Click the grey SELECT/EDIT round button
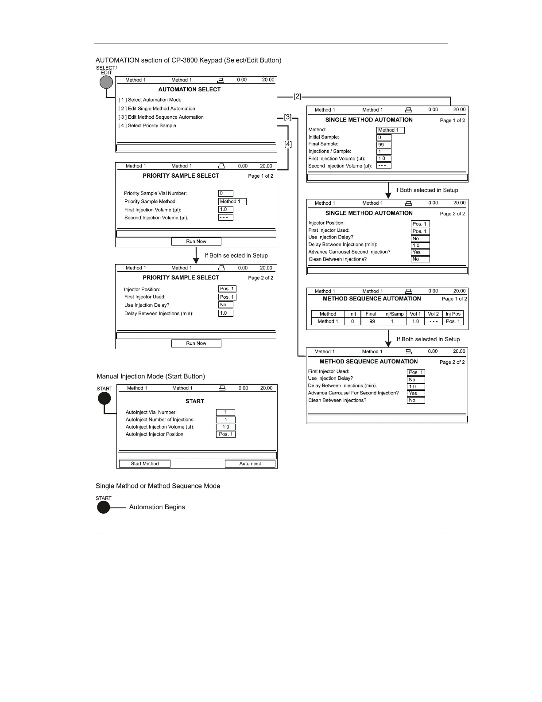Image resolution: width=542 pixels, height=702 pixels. click(x=106, y=82)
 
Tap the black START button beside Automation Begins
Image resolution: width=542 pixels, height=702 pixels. click(x=104, y=507)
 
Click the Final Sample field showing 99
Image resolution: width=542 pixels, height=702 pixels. click(x=383, y=144)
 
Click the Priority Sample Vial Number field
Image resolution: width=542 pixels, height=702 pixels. click(x=225, y=193)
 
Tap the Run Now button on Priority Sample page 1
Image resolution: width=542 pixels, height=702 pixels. click(x=196, y=242)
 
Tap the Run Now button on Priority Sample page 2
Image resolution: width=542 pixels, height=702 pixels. click(x=196, y=343)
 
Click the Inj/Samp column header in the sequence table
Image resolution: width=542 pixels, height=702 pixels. click(x=394, y=314)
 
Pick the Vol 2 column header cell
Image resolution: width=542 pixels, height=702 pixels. click(x=433, y=314)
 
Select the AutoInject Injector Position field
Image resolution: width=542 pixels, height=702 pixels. click(x=226, y=434)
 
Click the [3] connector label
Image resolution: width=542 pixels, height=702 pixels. click(x=288, y=117)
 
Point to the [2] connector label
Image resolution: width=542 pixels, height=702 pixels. click(x=298, y=96)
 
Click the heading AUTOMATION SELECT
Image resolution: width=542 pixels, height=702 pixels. click(x=190, y=90)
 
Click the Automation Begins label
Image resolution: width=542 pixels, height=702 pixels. click(x=157, y=507)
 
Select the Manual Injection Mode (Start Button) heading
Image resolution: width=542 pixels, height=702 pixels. click(x=151, y=376)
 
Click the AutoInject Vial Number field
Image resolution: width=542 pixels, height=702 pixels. click(x=225, y=412)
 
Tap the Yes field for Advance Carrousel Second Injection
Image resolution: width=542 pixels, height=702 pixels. click(x=420, y=252)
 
